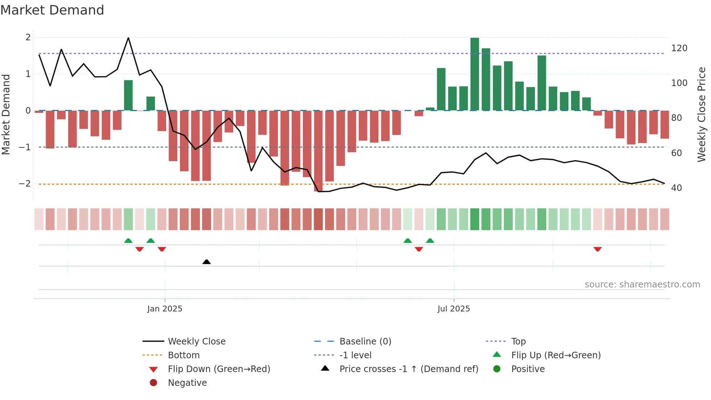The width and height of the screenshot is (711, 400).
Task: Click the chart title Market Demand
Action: (x=52, y=10)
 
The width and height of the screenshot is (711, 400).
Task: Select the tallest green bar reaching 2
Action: (x=474, y=74)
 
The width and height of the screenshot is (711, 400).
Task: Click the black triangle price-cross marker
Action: (x=206, y=262)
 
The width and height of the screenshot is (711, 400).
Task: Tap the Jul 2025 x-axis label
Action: (x=453, y=309)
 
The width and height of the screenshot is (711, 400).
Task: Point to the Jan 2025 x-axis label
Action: (x=165, y=309)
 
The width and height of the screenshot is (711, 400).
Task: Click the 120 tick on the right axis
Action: (x=679, y=48)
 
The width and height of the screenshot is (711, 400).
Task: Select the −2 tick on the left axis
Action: (x=25, y=184)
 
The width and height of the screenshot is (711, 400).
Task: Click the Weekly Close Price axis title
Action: (x=702, y=114)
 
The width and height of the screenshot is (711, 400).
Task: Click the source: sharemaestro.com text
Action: (x=642, y=285)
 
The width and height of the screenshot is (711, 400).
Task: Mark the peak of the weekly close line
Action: (x=128, y=38)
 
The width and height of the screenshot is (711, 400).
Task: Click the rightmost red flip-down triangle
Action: (x=597, y=249)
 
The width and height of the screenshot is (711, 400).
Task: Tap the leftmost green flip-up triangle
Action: (x=128, y=241)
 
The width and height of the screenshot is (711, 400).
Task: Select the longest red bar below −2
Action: (x=318, y=151)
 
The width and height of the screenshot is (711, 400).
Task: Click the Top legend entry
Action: (x=518, y=342)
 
